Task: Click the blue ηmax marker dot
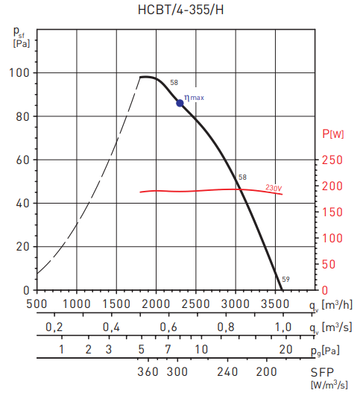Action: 180,103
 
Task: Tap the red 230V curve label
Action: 274,189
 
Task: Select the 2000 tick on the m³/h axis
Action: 156,304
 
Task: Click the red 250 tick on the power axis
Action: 332,160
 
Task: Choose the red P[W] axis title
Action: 332,134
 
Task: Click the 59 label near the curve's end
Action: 285,279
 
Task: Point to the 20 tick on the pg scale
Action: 285,349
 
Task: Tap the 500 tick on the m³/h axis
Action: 37,304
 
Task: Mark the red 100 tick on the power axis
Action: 332,238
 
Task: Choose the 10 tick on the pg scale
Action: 200,349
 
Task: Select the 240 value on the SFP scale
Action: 227,371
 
